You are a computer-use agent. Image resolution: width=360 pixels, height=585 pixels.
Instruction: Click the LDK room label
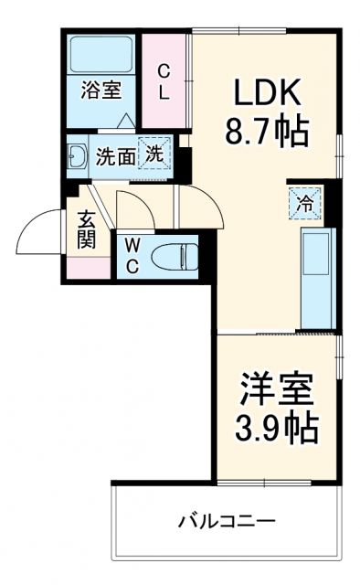click(268, 95)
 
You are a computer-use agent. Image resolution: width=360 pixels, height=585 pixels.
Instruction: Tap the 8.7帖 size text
click(268, 133)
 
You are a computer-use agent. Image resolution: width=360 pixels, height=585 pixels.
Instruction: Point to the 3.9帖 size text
click(274, 427)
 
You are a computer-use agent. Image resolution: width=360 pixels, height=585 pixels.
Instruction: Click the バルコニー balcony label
click(226, 522)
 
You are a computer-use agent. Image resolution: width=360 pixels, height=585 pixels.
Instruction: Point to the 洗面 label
click(116, 156)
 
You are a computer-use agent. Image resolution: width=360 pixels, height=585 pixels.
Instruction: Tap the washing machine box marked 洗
click(154, 154)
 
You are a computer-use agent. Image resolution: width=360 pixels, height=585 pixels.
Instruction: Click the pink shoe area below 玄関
click(88, 268)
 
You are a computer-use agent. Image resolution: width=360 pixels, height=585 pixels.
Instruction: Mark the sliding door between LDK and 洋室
click(274, 333)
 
